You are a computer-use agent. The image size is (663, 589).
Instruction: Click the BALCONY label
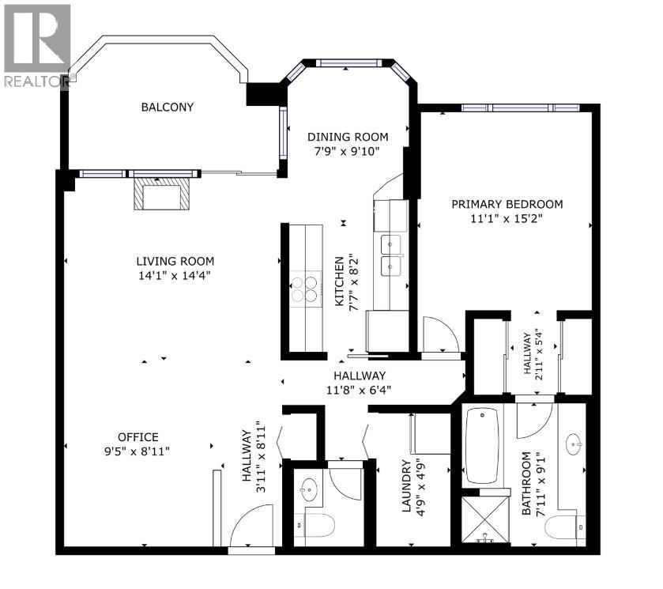pyautogui.click(x=168, y=107)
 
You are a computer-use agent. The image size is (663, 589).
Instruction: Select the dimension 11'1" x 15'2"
pyautogui.click(x=507, y=218)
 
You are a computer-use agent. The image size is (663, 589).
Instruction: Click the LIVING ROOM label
pyautogui.click(x=175, y=261)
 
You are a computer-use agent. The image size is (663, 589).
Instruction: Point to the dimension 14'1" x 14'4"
pyautogui.click(x=175, y=275)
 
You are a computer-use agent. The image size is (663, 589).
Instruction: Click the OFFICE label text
pyautogui.click(x=138, y=437)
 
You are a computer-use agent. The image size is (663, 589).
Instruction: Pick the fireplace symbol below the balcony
pyautogui.click(x=162, y=194)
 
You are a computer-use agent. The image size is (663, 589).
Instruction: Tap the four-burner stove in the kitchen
pyautogui.click(x=307, y=287)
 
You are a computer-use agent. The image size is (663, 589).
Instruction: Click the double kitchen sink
pyautogui.click(x=391, y=255)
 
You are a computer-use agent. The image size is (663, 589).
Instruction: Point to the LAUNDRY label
pyautogui.click(x=406, y=487)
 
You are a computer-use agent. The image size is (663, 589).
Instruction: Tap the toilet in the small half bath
pyautogui.click(x=320, y=525)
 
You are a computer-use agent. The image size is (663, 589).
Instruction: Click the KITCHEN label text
pyautogui.click(x=339, y=281)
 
